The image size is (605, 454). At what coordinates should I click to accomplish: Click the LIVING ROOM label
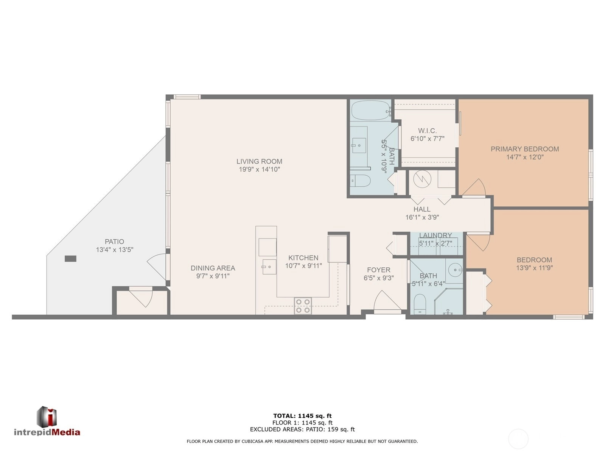pos(259,161)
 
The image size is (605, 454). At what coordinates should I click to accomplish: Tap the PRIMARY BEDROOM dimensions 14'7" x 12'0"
pos(525,157)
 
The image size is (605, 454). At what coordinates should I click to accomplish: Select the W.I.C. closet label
pos(427,131)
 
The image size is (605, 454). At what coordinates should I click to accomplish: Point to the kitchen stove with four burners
pos(303,306)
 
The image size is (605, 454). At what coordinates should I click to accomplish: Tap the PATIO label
pos(114,242)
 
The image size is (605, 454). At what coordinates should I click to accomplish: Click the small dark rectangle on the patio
pos(70,259)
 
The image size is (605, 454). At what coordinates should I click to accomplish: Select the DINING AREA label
pos(213,268)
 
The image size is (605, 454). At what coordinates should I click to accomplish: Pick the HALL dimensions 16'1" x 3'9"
pos(422,217)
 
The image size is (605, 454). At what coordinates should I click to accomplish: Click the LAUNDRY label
pos(435,235)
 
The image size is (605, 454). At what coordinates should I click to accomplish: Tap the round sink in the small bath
pos(454,270)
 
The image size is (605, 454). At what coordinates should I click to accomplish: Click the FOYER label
pos(378,270)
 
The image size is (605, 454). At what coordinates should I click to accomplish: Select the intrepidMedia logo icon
pos(47,417)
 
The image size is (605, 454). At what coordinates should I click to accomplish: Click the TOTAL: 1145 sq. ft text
pos(302,416)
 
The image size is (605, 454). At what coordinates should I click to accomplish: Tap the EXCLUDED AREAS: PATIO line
pos(302,429)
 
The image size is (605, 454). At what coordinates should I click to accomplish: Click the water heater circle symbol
pos(422,179)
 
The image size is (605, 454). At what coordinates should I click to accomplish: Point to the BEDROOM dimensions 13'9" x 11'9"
pos(535,268)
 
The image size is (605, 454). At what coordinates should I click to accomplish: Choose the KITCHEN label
pos(303,257)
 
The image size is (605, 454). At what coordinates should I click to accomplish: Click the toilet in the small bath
pos(420,304)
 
